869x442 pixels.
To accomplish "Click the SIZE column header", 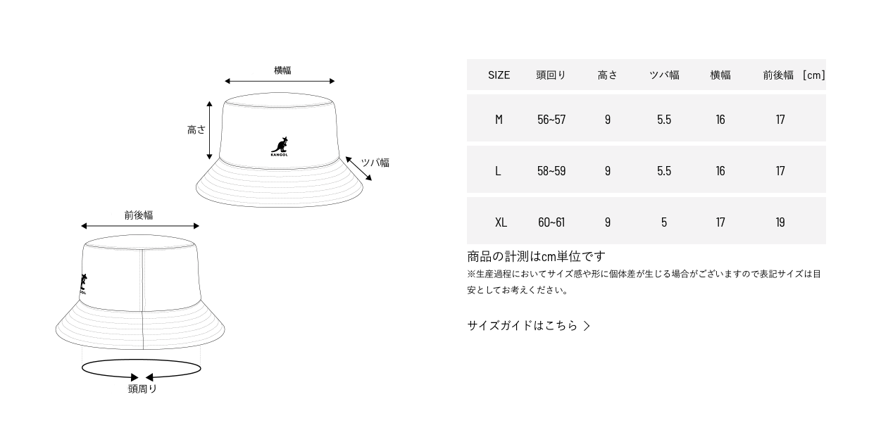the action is [499, 75].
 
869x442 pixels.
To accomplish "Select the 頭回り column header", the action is [551, 75].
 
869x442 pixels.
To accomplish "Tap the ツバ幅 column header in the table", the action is [664, 75].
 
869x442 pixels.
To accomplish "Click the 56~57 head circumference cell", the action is [551, 120].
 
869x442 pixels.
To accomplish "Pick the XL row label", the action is [501, 222].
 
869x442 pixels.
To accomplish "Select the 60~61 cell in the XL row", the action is [551, 222].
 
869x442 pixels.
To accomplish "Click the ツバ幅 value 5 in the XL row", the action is [664, 222].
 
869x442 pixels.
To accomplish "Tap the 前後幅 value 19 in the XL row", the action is [780, 222].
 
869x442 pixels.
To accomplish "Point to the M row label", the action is [499, 120].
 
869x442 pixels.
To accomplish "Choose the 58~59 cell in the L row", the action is [551, 171].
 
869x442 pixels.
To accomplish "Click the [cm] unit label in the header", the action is [813, 75].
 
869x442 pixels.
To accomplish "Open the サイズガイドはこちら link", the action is [528, 326].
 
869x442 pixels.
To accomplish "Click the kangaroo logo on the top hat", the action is [280, 146].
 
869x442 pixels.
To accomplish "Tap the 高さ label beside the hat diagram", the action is [196, 130].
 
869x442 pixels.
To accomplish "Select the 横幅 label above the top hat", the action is [282, 70].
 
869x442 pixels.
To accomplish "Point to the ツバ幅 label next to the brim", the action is [375, 163].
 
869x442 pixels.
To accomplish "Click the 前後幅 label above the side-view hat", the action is [139, 215].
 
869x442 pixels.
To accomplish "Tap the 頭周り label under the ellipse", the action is [142, 389].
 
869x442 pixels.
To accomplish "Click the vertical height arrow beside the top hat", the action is [209, 130].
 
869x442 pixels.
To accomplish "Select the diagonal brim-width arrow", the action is [358, 169].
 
